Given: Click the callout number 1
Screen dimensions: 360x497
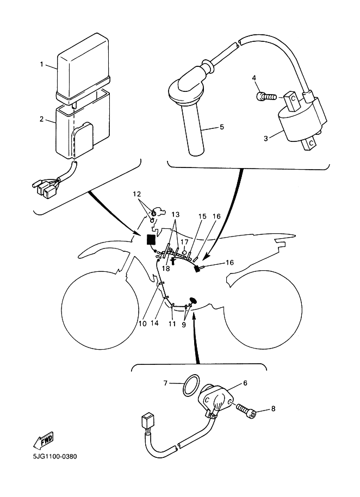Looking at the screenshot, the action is (41, 64).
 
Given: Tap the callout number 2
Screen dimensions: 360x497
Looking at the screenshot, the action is (41, 119).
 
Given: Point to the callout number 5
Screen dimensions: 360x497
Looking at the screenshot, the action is (221, 127).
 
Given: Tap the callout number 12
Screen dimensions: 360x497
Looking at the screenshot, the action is (137, 194).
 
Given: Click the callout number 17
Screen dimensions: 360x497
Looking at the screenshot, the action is (184, 242).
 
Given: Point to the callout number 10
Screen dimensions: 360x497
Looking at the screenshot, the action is (142, 324).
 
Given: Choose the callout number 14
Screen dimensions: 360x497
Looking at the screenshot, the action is (154, 324).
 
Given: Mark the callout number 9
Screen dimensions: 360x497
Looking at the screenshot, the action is (184, 325).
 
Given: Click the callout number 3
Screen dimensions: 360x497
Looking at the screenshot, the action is (266, 138).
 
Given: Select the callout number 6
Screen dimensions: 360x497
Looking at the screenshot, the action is (245, 383).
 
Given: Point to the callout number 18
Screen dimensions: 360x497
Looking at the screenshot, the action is (166, 269).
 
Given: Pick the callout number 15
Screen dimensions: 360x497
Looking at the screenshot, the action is (202, 216).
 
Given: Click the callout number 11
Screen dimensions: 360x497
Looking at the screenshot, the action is (172, 324).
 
